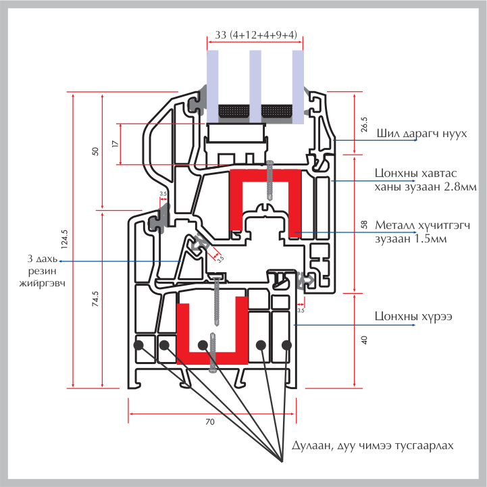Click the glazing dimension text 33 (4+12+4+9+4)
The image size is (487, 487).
(255, 35)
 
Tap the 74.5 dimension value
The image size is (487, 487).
(95, 298)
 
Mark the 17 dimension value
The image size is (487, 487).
(115, 144)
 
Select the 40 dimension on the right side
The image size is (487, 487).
(363, 340)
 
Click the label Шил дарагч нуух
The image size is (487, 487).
(421, 134)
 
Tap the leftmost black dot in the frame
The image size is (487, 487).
(139, 345)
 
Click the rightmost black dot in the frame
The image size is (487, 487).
(286, 345)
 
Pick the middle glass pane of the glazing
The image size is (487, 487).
(255, 84)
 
